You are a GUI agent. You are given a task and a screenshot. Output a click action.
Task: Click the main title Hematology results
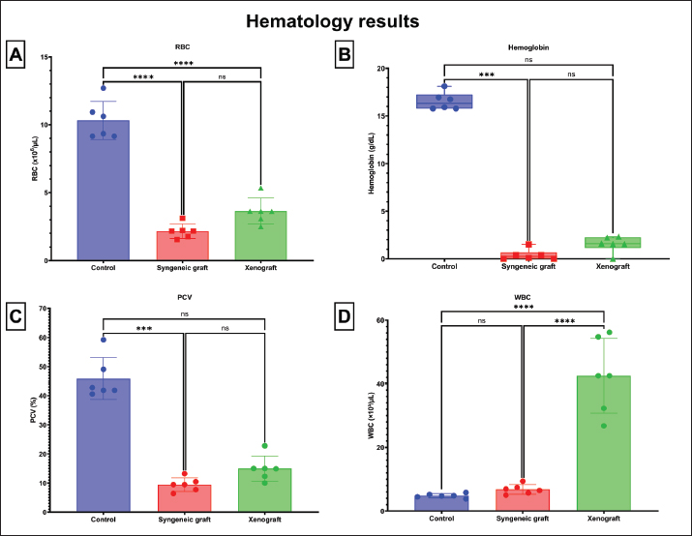pyautogui.click(x=346, y=19)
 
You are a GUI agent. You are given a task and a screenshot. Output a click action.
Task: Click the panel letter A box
pyautogui.click(x=16, y=55)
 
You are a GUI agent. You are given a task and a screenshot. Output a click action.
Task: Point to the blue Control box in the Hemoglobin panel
pyautogui.click(x=444, y=102)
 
